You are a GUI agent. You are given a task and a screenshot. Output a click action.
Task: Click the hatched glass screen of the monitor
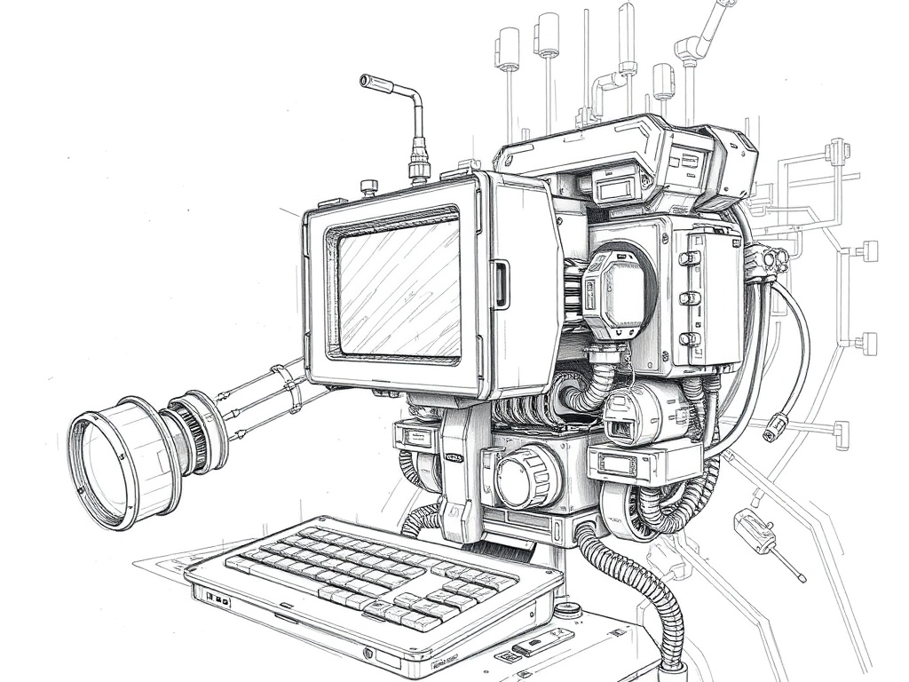tap(398, 289)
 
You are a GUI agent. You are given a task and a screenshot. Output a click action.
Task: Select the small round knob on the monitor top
tap(369, 187)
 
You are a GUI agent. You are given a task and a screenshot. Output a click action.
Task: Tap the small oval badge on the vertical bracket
tap(454, 458)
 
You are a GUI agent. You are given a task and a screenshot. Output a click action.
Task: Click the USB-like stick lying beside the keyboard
tap(542, 642)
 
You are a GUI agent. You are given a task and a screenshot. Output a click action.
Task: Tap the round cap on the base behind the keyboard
tap(569, 610)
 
